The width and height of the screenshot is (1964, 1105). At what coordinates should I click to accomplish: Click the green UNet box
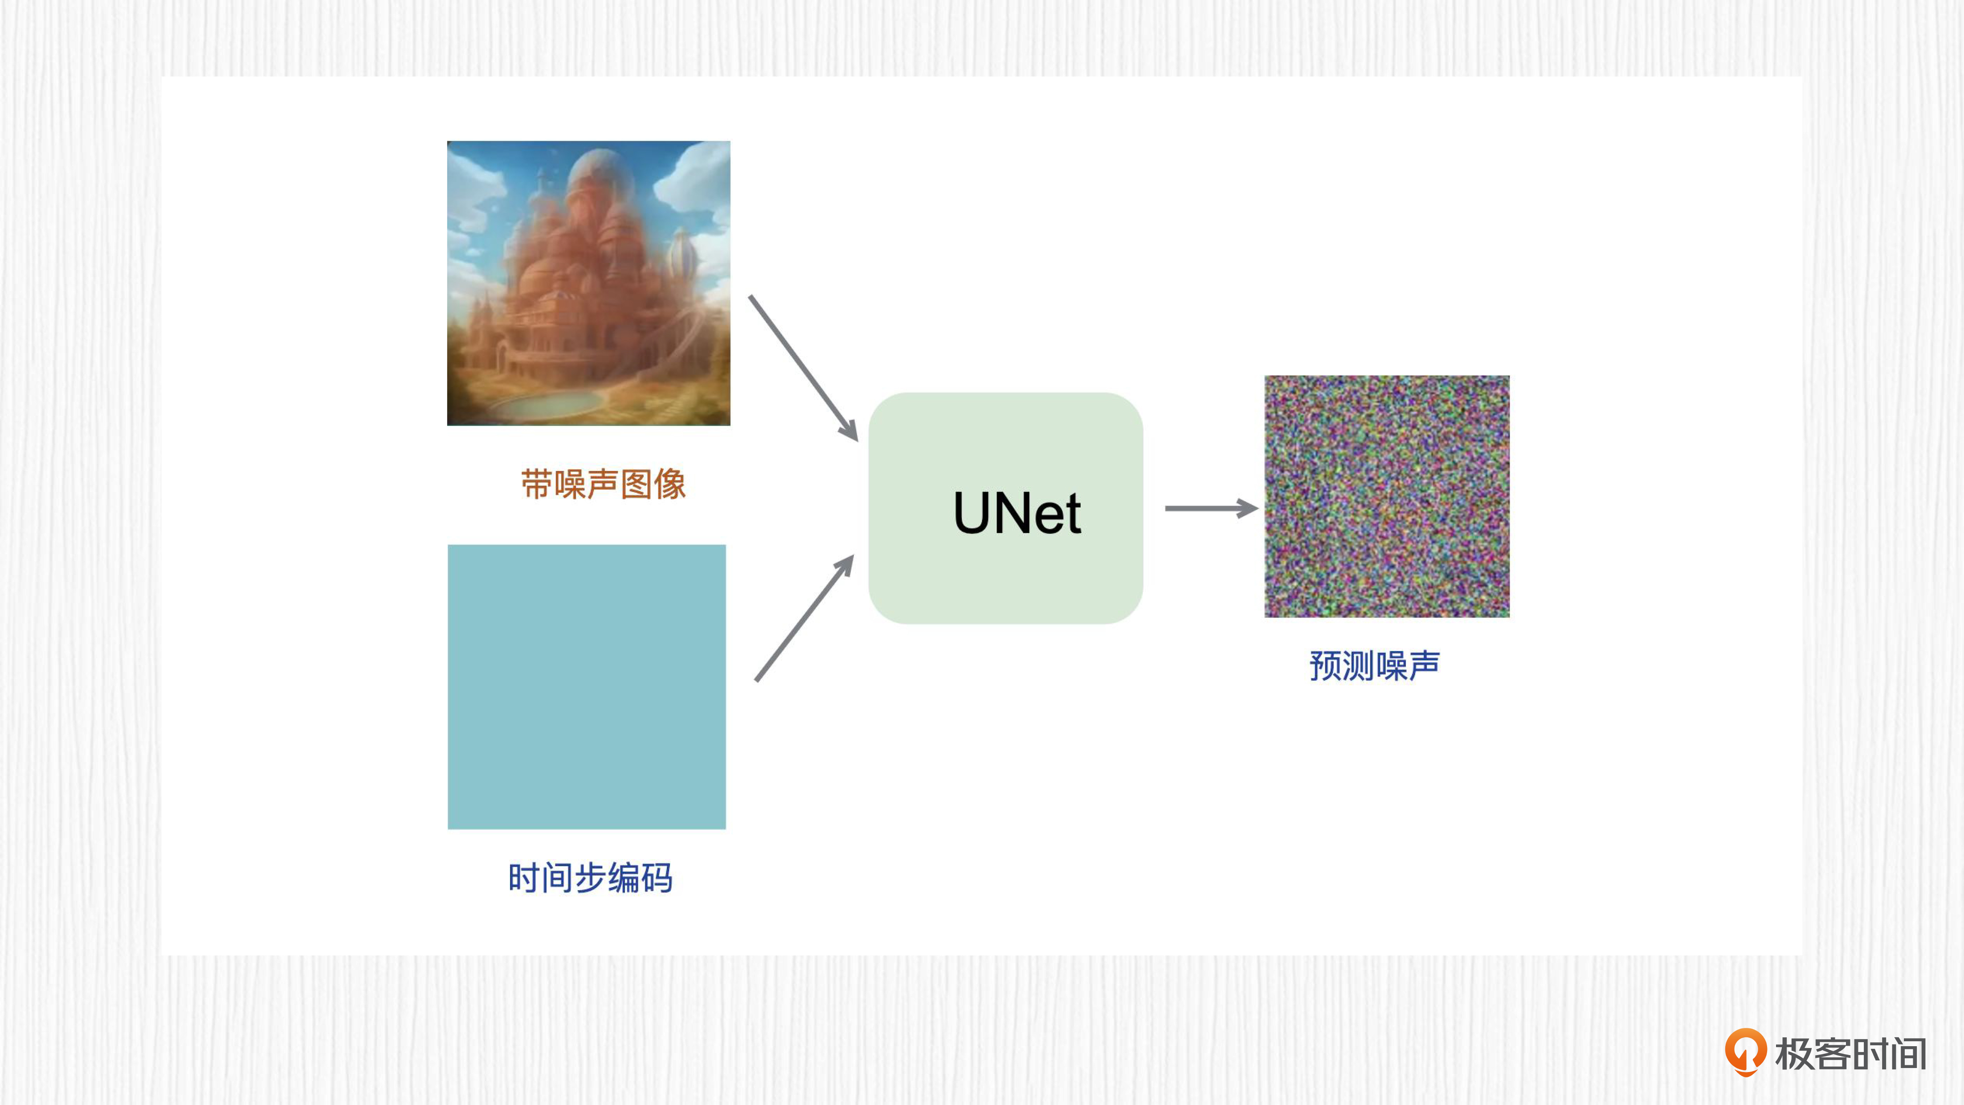pyautogui.click(x=1006, y=508)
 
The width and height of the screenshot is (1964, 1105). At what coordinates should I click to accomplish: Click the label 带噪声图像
pyautogui.click(x=603, y=484)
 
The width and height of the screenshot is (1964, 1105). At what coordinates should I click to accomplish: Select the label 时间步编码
pyautogui.click(x=590, y=878)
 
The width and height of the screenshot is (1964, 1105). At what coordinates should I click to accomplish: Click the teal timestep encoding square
pyautogui.click(x=586, y=686)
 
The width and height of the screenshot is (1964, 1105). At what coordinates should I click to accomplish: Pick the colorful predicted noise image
pyautogui.click(x=1387, y=496)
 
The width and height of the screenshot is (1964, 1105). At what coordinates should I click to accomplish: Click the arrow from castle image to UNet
pyautogui.click(x=804, y=368)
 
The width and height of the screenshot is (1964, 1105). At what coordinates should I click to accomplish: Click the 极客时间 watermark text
pyautogui.click(x=1850, y=1054)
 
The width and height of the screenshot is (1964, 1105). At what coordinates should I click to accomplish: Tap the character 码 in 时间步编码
pyautogui.click(x=657, y=878)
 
